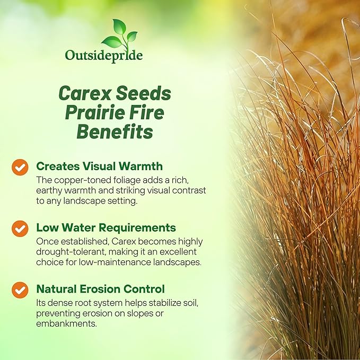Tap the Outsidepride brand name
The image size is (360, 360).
click(104, 55)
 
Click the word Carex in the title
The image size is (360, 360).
click(84, 94)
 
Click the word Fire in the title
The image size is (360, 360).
click(146, 112)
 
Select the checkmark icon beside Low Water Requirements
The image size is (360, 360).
click(20, 229)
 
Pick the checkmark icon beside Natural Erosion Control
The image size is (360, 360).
click(20, 289)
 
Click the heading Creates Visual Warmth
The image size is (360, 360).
click(99, 166)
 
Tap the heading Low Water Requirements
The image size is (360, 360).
click(106, 227)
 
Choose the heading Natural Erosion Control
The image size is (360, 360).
click(100, 289)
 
